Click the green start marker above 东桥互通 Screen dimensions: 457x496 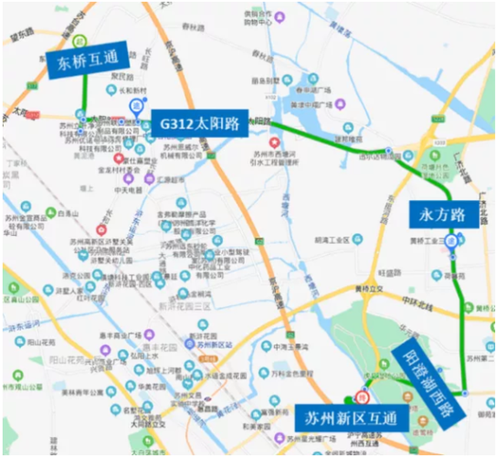(x=81, y=41)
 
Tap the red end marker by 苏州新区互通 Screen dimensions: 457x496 (x=361, y=397)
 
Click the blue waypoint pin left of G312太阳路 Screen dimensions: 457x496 (x=136, y=106)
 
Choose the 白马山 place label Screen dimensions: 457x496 (x=42, y=211)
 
